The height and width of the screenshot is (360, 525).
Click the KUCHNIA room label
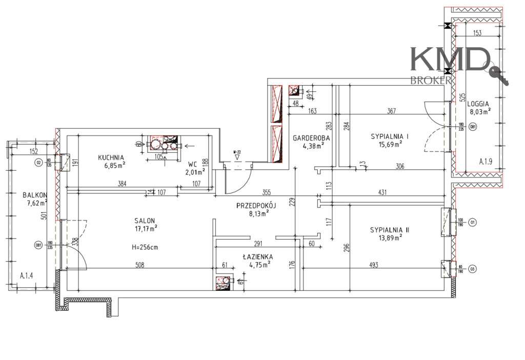[112, 157]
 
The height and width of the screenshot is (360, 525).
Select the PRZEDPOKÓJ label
[256, 205]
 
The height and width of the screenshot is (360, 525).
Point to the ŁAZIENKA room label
[257, 256]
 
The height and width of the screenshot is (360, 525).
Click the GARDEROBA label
[311, 138]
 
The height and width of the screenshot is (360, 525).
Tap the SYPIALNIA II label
[389, 230]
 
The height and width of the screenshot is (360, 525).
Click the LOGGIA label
[478, 103]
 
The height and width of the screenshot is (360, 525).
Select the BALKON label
[35, 195]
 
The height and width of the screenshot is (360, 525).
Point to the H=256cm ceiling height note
[145, 247]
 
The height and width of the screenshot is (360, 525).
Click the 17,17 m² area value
[146, 228]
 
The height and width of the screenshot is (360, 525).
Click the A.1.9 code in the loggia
[486, 162]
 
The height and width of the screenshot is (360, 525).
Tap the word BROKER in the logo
[431, 80]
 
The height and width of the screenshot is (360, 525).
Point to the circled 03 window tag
[472, 267]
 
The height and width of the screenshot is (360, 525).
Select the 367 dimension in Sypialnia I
[392, 111]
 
